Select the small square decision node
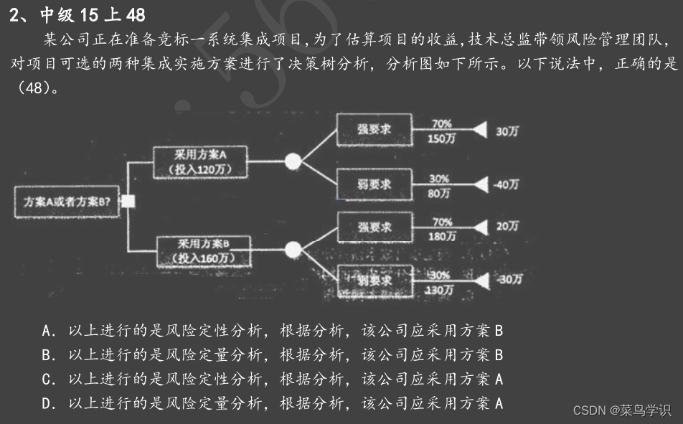tap(128, 201)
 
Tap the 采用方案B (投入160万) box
tap(204, 250)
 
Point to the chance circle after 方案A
tap(292, 162)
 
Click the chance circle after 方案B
tap(292, 250)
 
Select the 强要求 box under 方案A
tap(374, 129)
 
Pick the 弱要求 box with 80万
tap(374, 184)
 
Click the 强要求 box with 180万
tap(374, 227)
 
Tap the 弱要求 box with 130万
tap(374, 281)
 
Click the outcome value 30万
tap(507, 131)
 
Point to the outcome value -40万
tap(506, 184)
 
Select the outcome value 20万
tap(507, 226)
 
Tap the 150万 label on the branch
tap(441, 138)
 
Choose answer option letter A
tap(48, 331)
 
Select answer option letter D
tap(48, 404)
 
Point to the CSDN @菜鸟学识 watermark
tap(621, 410)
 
